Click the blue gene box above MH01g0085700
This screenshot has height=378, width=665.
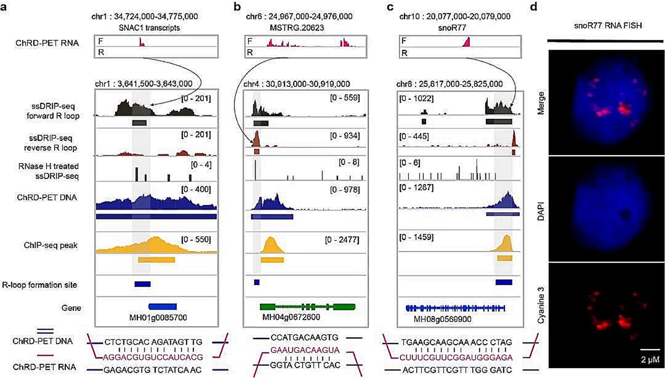tap(162, 305)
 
